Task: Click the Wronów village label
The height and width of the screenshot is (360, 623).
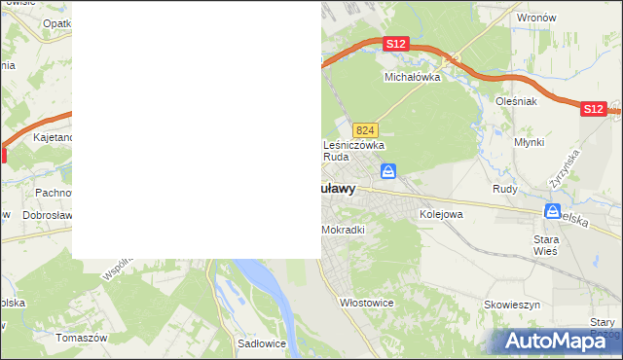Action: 536,18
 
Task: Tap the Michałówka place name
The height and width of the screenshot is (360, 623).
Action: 413,76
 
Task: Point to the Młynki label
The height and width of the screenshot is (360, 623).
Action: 529,142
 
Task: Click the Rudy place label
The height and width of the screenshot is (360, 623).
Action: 504,189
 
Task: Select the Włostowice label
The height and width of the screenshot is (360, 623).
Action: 366,303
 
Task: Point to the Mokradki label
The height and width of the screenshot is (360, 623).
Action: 342,231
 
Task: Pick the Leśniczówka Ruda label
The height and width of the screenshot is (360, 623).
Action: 353,150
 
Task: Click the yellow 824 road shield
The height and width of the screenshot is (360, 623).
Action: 365,130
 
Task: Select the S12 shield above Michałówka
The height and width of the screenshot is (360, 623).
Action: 394,45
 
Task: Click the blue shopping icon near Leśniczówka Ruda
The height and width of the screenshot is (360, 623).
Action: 388,172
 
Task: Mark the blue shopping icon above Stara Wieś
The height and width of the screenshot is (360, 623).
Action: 552,211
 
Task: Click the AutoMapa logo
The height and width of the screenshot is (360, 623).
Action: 558,340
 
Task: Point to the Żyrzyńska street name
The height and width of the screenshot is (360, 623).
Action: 564,168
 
